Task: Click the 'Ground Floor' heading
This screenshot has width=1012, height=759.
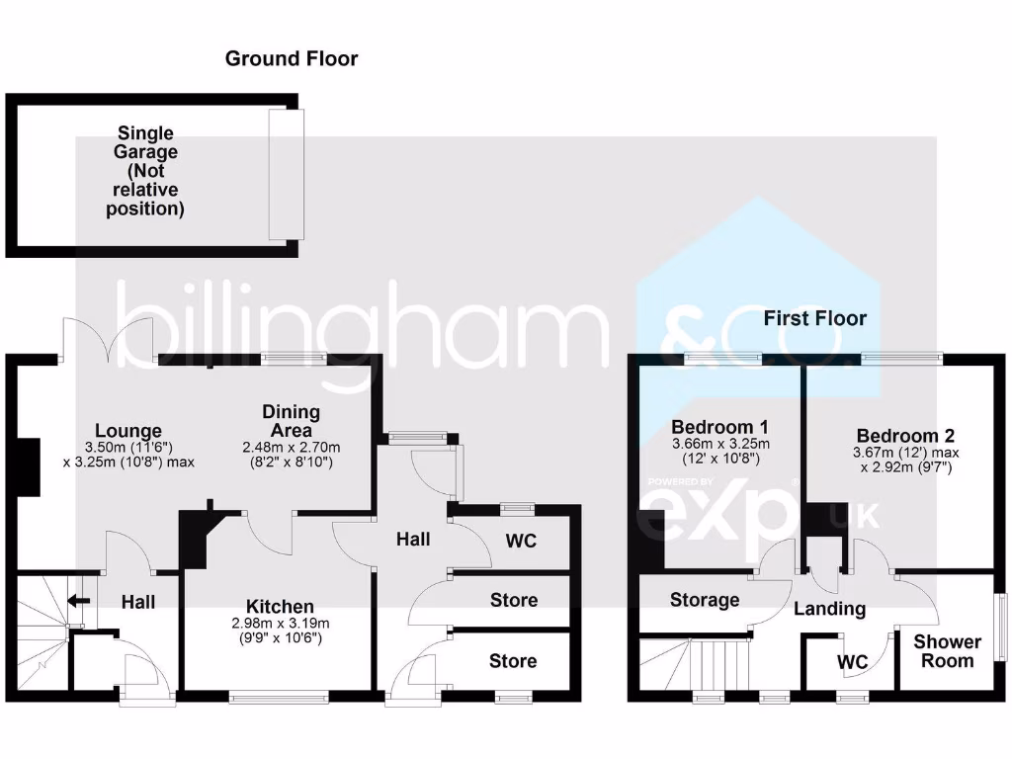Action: (x=292, y=58)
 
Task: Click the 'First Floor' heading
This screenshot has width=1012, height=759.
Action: (x=814, y=318)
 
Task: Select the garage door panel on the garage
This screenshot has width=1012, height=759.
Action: (x=287, y=174)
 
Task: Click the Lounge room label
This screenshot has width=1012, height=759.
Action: (x=128, y=431)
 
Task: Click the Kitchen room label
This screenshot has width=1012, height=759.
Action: (x=281, y=606)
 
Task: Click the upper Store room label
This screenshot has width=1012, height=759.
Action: (x=514, y=600)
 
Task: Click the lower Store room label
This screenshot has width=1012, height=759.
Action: (x=514, y=661)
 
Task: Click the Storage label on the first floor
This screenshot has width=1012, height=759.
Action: (x=705, y=600)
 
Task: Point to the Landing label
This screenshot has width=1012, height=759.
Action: (x=829, y=609)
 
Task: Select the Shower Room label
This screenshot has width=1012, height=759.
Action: (x=947, y=651)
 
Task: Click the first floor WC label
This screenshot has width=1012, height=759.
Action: (x=853, y=661)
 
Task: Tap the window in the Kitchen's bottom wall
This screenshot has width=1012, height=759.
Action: (x=279, y=697)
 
